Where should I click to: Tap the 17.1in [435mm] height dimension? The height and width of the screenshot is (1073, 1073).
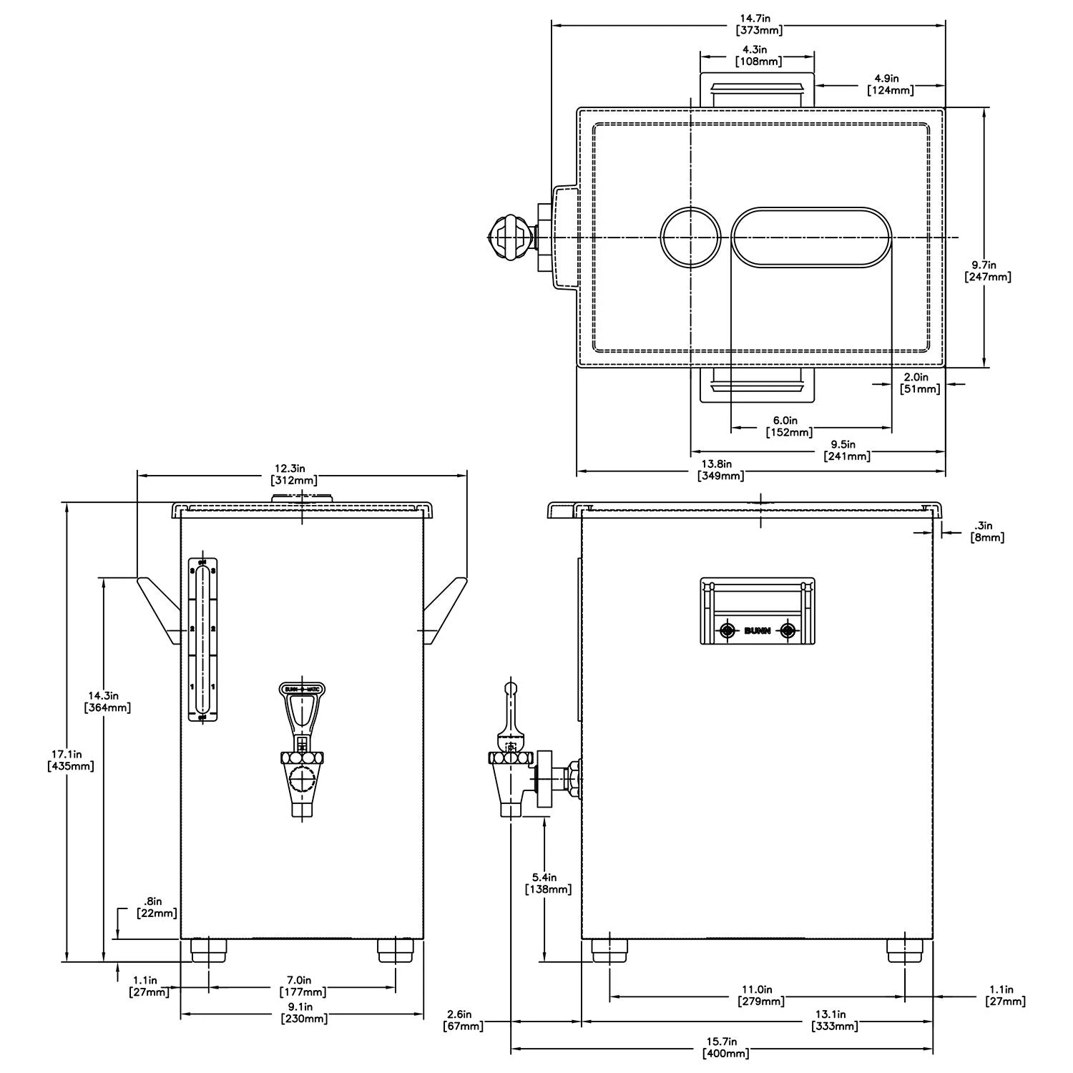coord(70,760)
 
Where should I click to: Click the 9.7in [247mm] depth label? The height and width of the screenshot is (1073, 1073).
coord(988,270)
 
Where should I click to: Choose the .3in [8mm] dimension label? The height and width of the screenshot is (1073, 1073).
coord(987,531)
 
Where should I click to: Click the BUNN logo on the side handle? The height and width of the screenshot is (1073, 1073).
coord(758,630)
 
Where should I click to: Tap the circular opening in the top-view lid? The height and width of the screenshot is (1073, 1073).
coord(690,237)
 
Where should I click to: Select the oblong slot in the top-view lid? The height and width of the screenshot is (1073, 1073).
coord(811,237)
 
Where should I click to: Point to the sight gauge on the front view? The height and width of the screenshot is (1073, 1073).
coord(202,640)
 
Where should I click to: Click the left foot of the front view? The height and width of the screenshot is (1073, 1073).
coord(209,951)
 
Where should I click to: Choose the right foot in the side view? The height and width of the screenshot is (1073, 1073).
coord(906,950)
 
